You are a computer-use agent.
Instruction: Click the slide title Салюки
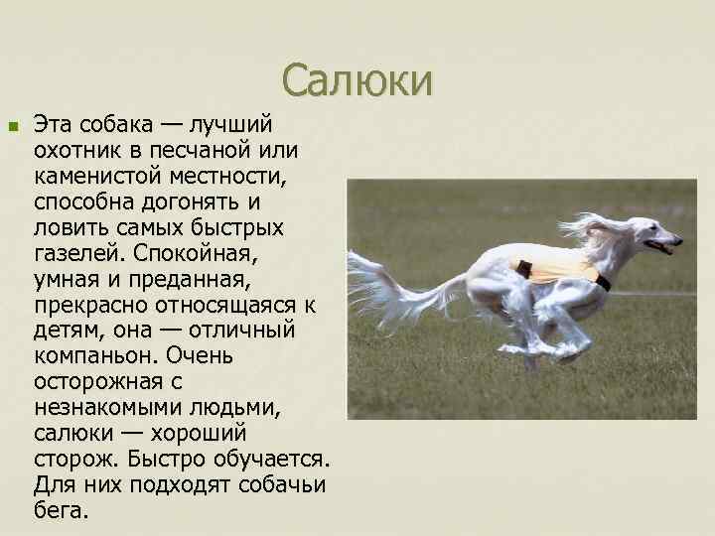(x=357, y=80)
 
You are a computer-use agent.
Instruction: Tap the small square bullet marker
(x=12, y=127)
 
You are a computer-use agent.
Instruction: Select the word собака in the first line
(x=112, y=125)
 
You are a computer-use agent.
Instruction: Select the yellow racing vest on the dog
(x=556, y=266)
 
